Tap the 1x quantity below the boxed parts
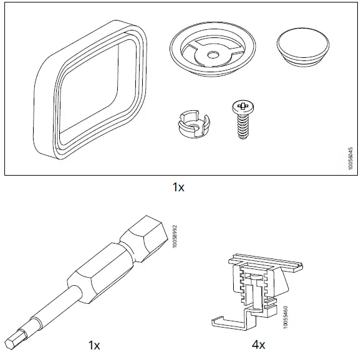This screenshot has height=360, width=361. click(x=179, y=187)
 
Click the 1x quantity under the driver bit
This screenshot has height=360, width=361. click(x=93, y=344)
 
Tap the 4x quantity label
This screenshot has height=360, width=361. click(x=258, y=344)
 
